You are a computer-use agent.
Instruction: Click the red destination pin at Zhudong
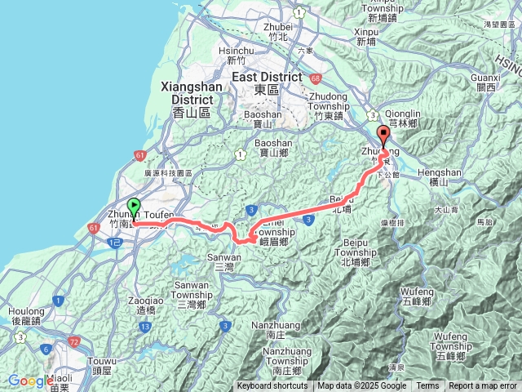(x=383, y=136)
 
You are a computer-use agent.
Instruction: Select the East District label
(x=262, y=77)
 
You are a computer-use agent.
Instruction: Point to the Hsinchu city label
(x=237, y=50)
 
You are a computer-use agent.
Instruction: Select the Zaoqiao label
(x=142, y=301)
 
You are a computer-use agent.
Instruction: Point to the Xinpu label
(x=367, y=31)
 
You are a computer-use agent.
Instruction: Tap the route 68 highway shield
(x=314, y=78)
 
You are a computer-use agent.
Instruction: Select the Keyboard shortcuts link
(x=272, y=386)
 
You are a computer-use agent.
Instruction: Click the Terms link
(x=427, y=386)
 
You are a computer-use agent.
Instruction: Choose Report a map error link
(x=484, y=386)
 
